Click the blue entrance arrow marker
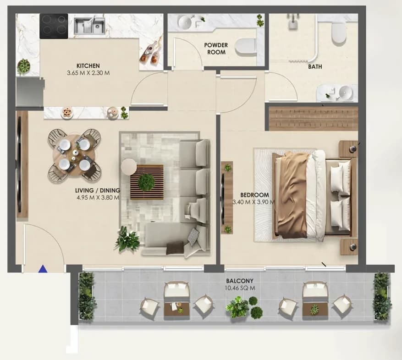tap(43, 268)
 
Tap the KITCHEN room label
tap(88, 66)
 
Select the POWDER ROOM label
tap(216, 49)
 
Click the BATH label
tap(315, 66)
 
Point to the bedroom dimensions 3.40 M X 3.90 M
tap(253, 202)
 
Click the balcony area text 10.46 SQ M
tap(240, 288)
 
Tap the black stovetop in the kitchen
tap(54, 26)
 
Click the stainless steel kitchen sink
tap(89, 26)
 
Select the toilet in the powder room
tap(246, 47)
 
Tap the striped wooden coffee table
tap(147, 182)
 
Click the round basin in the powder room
tap(187, 21)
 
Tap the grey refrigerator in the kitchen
tap(30, 92)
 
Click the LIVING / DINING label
tap(98, 191)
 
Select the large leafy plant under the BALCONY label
tap(237, 307)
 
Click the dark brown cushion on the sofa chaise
tap(175, 248)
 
